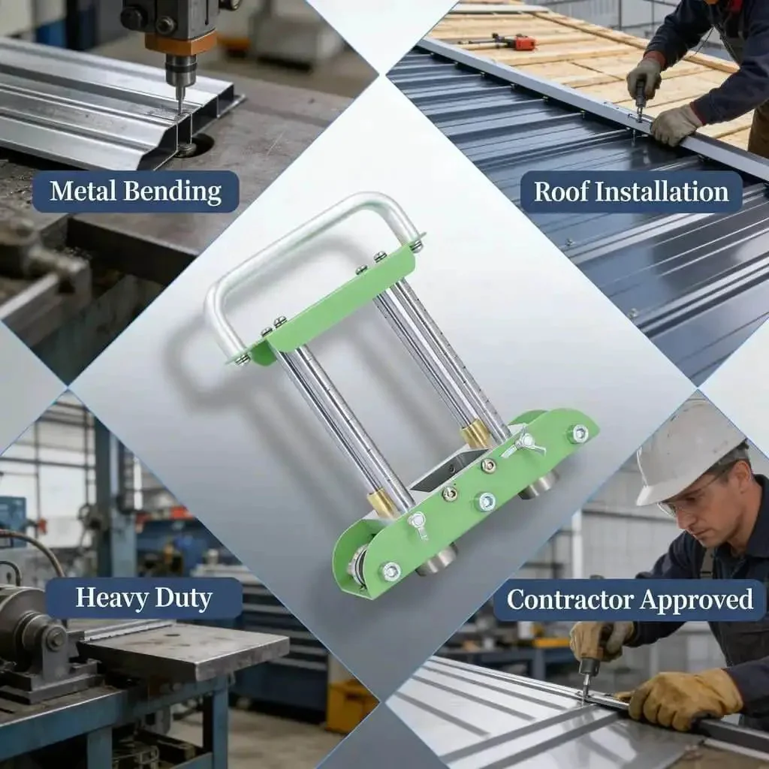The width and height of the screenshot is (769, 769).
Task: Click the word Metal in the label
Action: (x=83, y=191)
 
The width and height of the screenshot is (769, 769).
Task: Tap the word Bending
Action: (x=172, y=191)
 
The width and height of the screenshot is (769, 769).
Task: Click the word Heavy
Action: (x=112, y=598)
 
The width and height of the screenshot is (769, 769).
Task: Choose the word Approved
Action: (x=696, y=600)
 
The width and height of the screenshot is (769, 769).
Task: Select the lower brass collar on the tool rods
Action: (x=382, y=505)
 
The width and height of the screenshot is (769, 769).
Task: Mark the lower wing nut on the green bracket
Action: (x=418, y=523)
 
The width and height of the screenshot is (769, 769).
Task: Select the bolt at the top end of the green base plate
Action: (x=580, y=433)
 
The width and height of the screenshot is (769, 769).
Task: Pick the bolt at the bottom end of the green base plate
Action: (x=391, y=571)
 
